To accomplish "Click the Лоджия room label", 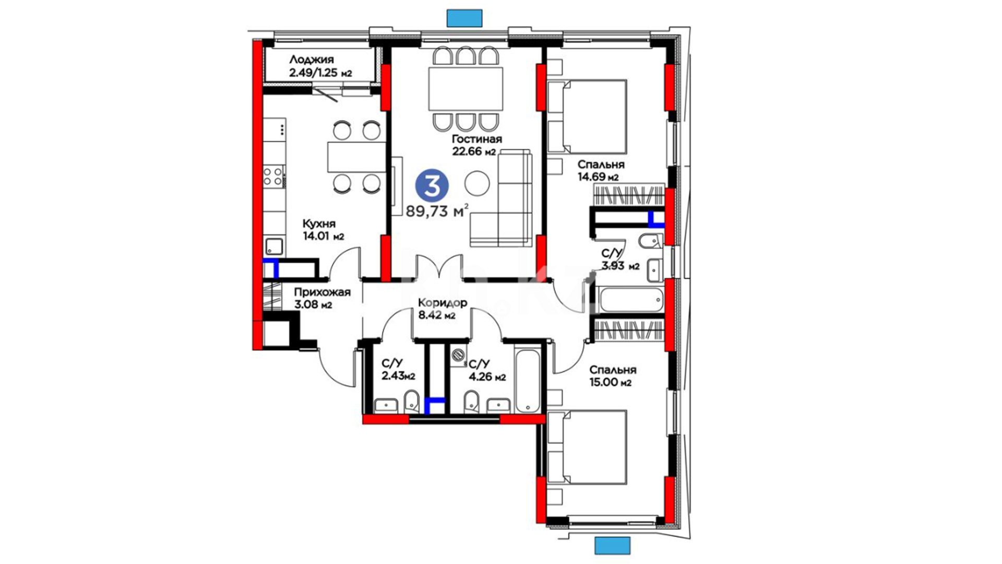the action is click(x=312, y=60).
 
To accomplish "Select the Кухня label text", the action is click(x=319, y=224).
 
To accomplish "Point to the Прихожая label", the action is click(x=322, y=292).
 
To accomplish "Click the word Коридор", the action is click(x=443, y=303).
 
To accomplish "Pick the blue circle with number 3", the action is click(x=432, y=185).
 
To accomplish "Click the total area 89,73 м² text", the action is click(x=437, y=211).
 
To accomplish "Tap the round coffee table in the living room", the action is click(x=477, y=183).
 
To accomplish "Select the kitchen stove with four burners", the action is click(x=273, y=176).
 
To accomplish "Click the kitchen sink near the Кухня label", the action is click(x=273, y=246).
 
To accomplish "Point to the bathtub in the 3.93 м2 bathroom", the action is click(x=631, y=299).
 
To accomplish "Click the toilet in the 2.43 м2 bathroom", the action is click(x=411, y=401).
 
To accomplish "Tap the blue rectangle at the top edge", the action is click(x=464, y=18).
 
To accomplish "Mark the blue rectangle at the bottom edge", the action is click(x=613, y=546).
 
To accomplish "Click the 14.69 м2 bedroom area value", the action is click(x=598, y=177).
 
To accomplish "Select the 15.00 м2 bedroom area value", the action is click(x=611, y=382).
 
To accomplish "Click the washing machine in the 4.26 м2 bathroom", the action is click(x=458, y=355).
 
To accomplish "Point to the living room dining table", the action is click(x=466, y=88).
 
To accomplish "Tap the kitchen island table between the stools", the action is click(x=356, y=157).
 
